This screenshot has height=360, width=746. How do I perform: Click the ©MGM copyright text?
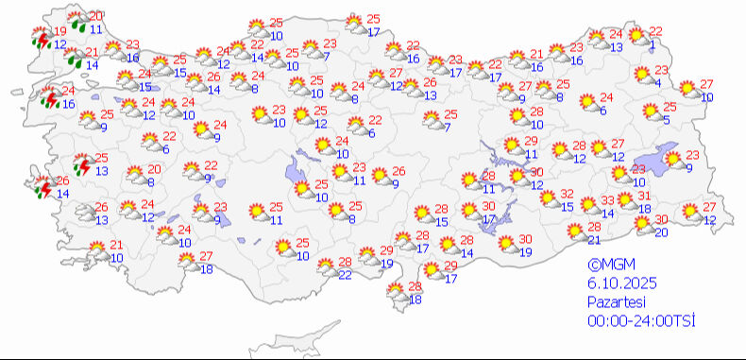point(607,266)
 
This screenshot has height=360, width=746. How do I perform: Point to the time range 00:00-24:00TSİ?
point(642,321)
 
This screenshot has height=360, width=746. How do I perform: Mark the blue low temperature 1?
point(653,43)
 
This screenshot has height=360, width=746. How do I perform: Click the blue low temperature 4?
point(657,82)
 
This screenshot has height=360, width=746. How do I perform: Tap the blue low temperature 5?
point(666,119)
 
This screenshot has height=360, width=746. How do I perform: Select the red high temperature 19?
point(59,31)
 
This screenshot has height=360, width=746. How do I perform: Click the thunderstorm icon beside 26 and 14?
point(42,187)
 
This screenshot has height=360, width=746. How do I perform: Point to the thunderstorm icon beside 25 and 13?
point(82,166)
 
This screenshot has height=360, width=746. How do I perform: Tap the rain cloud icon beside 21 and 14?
point(72,60)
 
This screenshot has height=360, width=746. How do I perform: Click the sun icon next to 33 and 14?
point(590,205)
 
